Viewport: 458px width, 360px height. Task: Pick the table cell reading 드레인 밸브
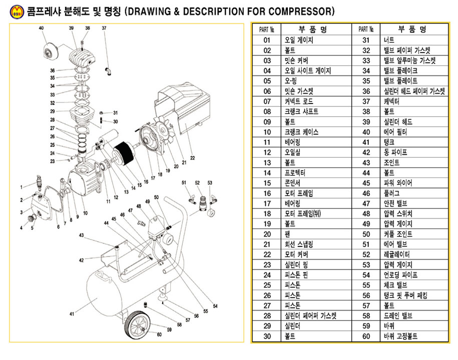[x=397, y=315]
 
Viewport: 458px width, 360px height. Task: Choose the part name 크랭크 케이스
[x=301, y=132]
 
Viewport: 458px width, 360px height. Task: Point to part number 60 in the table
[x=366, y=336]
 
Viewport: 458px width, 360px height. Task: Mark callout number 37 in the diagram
[x=104, y=28]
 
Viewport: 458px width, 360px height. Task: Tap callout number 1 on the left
[x=22, y=187]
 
